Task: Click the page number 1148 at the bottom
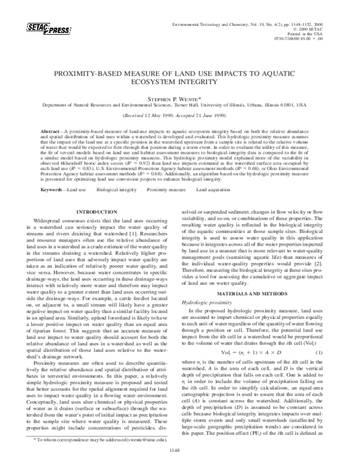[179, 449]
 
